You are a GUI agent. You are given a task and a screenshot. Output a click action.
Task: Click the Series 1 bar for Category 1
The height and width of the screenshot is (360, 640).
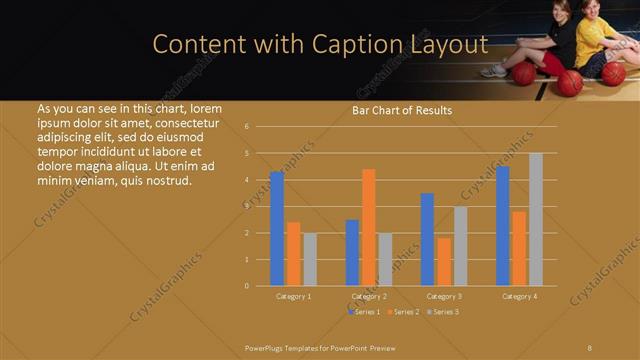click(x=277, y=229)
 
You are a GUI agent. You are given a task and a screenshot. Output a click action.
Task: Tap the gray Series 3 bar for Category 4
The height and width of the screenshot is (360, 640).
click(x=536, y=219)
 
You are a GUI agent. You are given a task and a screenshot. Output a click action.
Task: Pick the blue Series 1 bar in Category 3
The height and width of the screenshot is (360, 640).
click(x=427, y=239)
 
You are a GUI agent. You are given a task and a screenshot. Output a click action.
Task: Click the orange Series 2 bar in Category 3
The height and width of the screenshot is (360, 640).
click(x=444, y=261)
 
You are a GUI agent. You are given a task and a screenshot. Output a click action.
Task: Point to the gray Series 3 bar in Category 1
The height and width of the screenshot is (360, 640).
click(x=310, y=259)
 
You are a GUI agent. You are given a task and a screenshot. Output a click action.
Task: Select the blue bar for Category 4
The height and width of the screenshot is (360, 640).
click(x=503, y=226)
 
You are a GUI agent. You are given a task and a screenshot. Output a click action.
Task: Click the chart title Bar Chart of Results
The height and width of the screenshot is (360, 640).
click(x=402, y=110)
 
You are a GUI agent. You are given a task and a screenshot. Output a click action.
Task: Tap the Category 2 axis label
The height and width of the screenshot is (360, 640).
click(x=369, y=296)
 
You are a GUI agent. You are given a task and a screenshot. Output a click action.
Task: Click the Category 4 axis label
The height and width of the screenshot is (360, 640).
click(x=519, y=296)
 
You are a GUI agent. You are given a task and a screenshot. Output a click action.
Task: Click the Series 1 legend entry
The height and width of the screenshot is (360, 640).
click(x=365, y=312)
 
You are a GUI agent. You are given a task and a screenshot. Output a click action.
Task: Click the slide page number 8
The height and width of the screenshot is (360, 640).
click(x=590, y=347)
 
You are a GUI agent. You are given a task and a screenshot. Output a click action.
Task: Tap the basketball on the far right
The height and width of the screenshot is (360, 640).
click(x=613, y=73)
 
